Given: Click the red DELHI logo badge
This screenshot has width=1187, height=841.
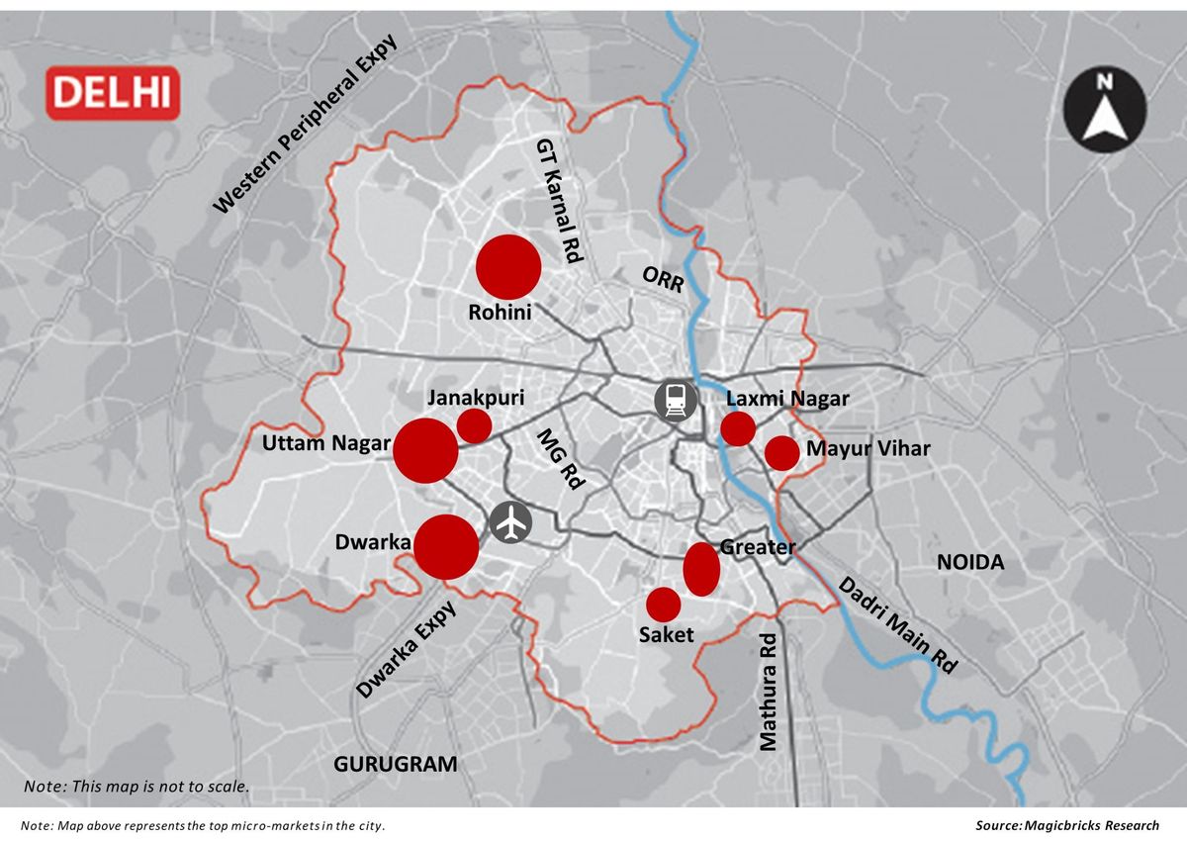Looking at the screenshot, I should click(113, 93).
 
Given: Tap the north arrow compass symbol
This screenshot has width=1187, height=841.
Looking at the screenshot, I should click(1105, 106).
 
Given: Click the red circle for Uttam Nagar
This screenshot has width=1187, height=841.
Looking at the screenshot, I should click(425, 450).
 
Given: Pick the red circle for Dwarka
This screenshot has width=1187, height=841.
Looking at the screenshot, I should click(446, 546).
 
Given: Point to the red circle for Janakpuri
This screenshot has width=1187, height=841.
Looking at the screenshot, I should click(474, 425).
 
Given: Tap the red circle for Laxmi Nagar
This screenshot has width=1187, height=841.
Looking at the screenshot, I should click(738, 428).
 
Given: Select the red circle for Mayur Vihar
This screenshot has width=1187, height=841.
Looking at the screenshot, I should click(781, 452).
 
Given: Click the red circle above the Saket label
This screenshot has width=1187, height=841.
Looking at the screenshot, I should click(663, 604).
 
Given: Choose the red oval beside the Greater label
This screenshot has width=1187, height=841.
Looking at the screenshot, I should click(701, 569).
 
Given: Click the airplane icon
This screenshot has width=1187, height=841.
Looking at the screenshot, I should click(510, 522).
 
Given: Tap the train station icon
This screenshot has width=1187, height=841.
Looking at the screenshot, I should click(676, 400).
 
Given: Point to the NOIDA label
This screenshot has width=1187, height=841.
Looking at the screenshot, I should click(970, 562).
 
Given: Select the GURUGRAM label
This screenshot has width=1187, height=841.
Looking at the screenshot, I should click(396, 764).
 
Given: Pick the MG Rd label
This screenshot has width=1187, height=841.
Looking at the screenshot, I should click(560, 461).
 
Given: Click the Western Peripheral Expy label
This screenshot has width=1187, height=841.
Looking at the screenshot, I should click(305, 125).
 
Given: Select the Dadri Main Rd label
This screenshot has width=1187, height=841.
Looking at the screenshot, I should click(898, 625).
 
